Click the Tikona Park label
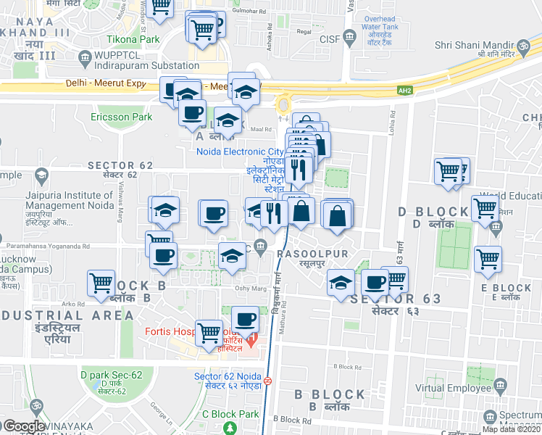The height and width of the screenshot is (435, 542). tap(133, 39)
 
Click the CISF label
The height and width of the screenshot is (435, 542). tap(329, 38)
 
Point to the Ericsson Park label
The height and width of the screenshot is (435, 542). tap(121, 116)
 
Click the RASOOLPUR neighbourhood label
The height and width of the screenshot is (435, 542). tap(312, 253)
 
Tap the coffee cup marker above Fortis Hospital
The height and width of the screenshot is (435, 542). tap(245, 320)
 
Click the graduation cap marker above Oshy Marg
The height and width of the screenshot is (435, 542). tap(231, 257)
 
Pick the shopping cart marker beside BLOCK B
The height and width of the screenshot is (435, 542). tap(101, 283)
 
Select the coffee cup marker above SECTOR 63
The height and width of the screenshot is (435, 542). tap(375, 282)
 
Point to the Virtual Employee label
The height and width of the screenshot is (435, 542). tap(464, 388)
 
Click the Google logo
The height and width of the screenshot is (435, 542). tap(24, 426)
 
